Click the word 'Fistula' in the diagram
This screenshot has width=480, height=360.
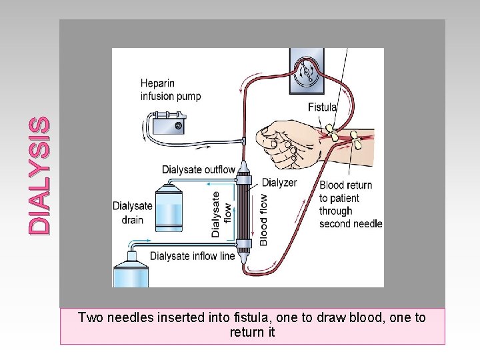[x=322, y=107]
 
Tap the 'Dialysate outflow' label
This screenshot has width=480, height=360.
[x=198, y=169]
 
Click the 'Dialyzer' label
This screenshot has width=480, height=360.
[x=279, y=183]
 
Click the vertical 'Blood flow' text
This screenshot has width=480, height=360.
[x=263, y=219]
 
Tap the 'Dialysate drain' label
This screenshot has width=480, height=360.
[x=133, y=212]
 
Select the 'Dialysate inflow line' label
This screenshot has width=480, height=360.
[x=192, y=256]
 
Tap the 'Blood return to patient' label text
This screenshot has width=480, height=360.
[x=346, y=191]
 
